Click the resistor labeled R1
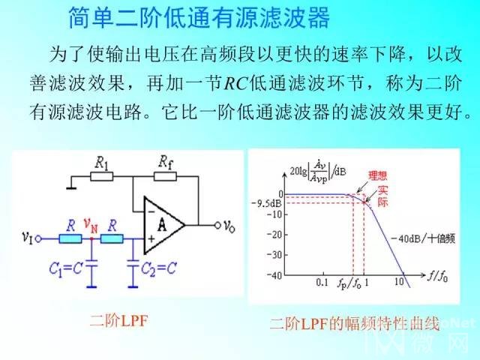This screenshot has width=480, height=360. pyautogui.click(x=102, y=177)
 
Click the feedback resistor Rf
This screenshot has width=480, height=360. pyautogui.click(x=165, y=177)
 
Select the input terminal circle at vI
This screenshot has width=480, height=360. pyautogui.click(x=38, y=238)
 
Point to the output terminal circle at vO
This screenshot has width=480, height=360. pyautogui.click(x=217, y=226)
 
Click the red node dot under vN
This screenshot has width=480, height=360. pyautogui.click(x=91, y=238)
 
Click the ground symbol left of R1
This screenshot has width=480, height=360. pyautogui.click(x=71, y=187)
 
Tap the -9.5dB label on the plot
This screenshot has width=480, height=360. pyautogui.click(x=266, y=203)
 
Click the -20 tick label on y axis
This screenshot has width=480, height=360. pyautogui.click(x=274, y=235)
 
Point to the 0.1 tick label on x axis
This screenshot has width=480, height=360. pyautogui.click(x=322, y=282)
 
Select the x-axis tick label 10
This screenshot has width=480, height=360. pyautogui.click(x=399, y=282)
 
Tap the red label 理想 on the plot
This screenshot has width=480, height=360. pyautogui.click(x=377, y=175)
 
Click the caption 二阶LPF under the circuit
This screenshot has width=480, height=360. pyautogui.click(x=119, y=322)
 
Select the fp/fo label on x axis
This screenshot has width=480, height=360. pyautogui.click(x=349, y=283)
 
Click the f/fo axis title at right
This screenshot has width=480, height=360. pyautogui.click(x=437, y=277)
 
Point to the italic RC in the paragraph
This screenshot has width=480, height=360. pyautogui.click(x=235, y=83)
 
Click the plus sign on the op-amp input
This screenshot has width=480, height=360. pyautogui.click(x=151, y=238)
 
